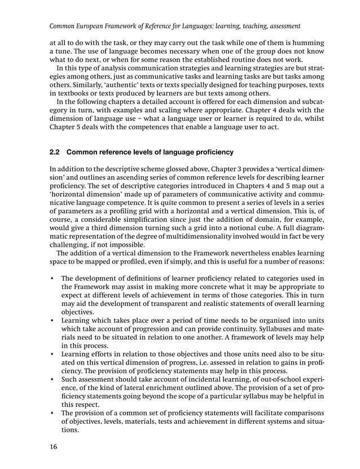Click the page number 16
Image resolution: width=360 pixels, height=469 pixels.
click(x=54, y=448)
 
